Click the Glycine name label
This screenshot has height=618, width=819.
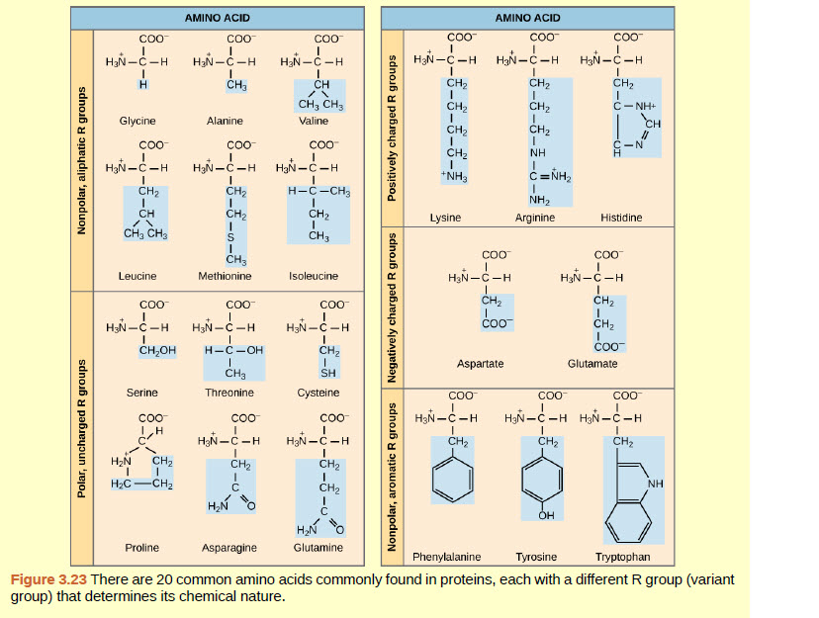[x=137, y=121]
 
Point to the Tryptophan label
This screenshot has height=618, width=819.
[x=623, y=557]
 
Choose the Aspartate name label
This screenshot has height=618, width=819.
[x=480, y=364]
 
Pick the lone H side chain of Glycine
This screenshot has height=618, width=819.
[x=142, y=84]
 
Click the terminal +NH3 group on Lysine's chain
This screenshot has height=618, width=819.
[x=455, y=176]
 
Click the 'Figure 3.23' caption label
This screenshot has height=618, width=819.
[x=48, y=578]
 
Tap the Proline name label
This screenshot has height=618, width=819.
[x=142, y=547]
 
